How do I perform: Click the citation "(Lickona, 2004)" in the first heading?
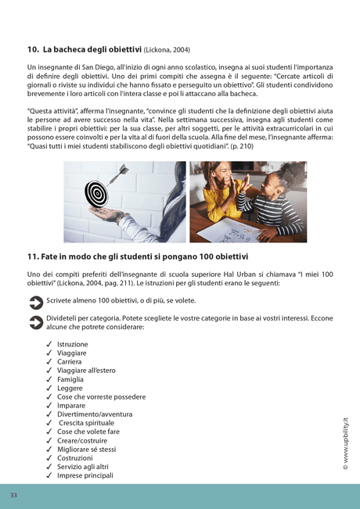coord(167,50)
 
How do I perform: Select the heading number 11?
coord(33,256)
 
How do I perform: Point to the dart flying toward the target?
coord(119,170)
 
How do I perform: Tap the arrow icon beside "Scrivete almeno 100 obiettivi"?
coord(35,301)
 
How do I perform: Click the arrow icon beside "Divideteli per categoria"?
coord(35,321)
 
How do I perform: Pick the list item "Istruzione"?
coord(73,344)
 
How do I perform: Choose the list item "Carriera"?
coord(70,362)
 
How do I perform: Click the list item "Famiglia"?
coord(70,379)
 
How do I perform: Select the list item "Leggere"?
coord(70,388)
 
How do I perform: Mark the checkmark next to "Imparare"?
coord(49,406)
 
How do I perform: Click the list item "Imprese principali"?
coord(85,475)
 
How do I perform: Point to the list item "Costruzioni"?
coord(75,458)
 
